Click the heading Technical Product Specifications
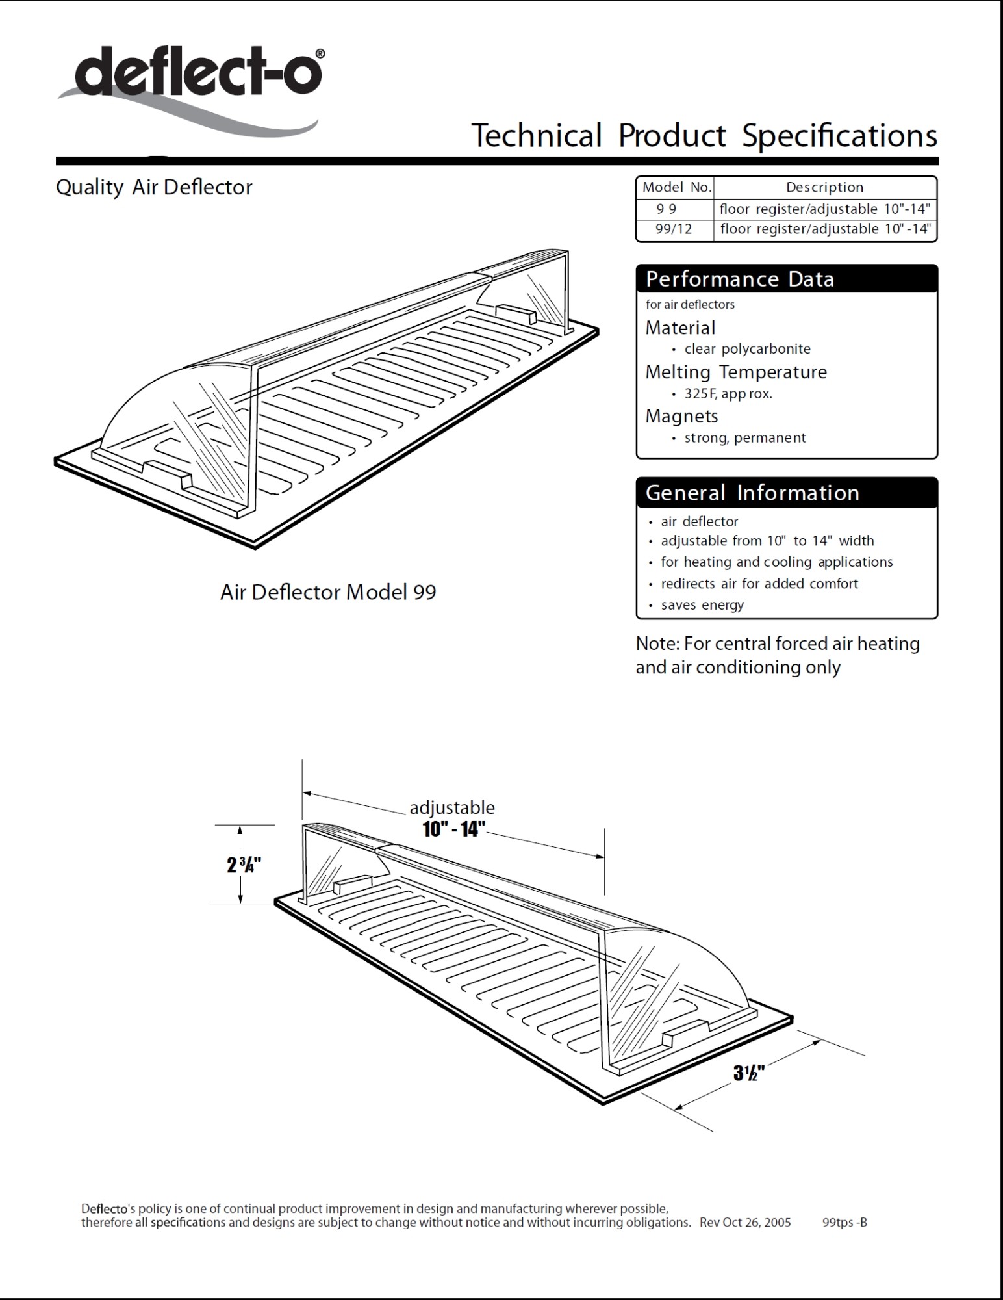[704, 136]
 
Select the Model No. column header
[676, 188]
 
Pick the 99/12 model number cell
[674, 229]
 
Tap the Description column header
[824, 188]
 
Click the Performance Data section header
[739, 279]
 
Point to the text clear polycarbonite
[747, 349]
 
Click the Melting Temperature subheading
[735, 372]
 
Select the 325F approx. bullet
[728, 394]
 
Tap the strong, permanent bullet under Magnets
[744, 438]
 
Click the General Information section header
[752, 493]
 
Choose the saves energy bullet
[702, 605]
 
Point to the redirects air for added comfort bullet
[759, 584]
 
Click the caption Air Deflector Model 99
[328, 592]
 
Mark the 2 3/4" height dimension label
[244, 865]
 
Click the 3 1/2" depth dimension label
[749, 1072]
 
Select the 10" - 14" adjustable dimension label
[453, 829]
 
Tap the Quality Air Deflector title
[154, 187]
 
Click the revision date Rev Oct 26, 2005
[745, 1223]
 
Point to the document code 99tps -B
[844, 1223]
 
